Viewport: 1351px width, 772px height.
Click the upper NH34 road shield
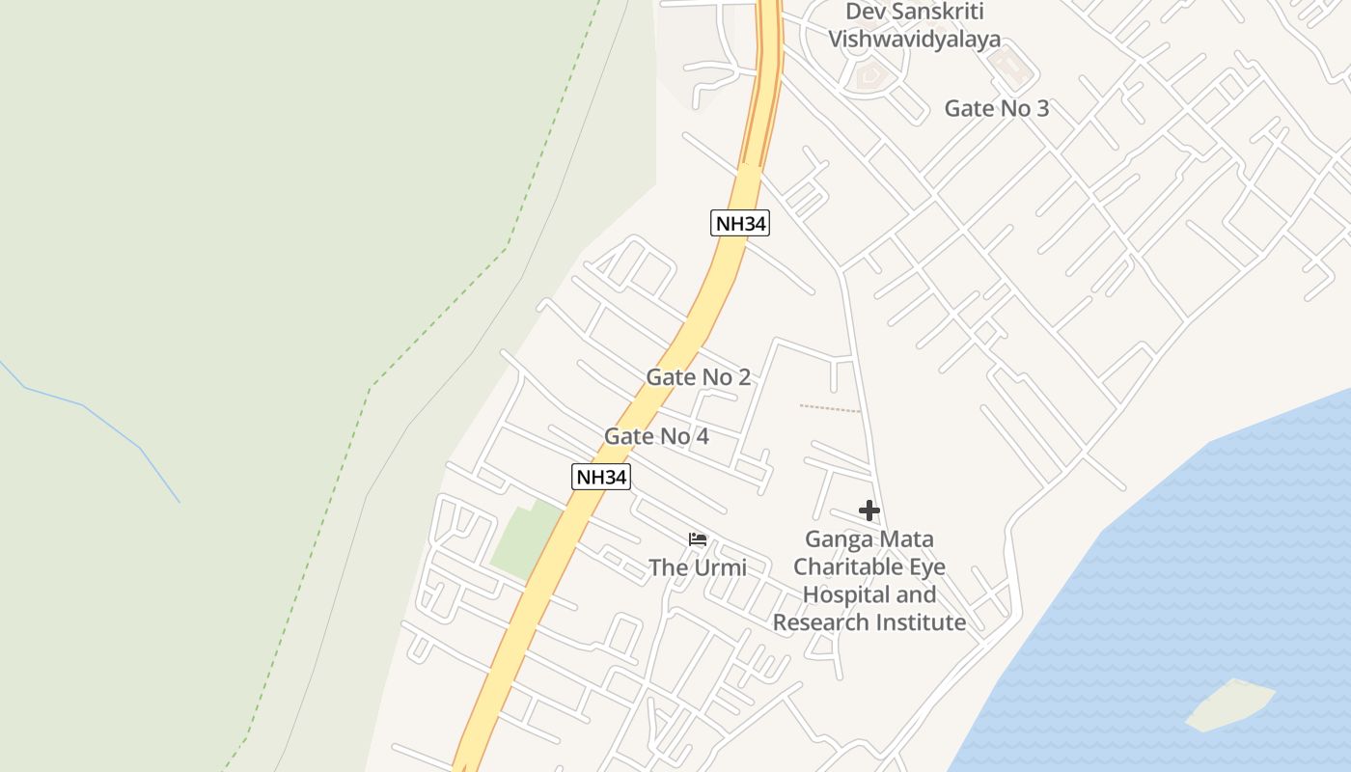740,224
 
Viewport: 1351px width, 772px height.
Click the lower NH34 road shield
600,476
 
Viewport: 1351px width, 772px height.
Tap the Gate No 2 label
698,377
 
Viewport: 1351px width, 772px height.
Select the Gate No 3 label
996,108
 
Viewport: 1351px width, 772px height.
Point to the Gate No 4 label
656,436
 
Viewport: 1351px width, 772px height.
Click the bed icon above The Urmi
697,538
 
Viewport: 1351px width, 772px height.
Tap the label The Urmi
697,567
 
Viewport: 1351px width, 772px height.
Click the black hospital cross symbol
869,510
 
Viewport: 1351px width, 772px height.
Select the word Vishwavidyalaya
914,40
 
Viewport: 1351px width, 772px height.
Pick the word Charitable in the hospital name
850,566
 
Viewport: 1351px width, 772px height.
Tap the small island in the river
1230,704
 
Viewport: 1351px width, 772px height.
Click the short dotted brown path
829,409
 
